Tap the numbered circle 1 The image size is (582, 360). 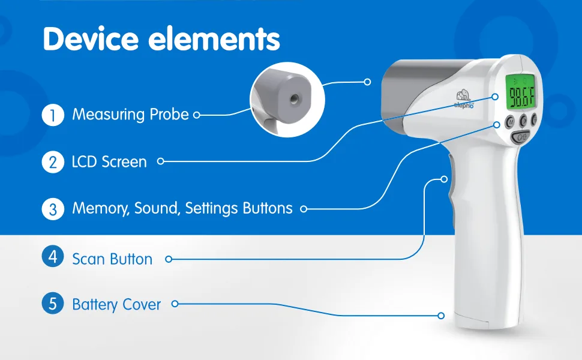(53, 115)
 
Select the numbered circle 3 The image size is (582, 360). (53, 209)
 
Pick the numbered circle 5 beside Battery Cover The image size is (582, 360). (53, 303)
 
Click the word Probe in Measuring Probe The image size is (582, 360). (169, 115)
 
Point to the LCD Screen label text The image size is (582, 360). (109, 162)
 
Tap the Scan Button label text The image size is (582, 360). (112, 259)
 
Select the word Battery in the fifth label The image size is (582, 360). (95, 305)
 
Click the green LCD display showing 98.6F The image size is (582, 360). (521, 92)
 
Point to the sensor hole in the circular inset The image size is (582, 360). (295, 99)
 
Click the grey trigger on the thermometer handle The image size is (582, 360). (451, 189)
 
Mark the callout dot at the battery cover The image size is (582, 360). (441, 316)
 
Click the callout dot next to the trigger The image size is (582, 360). (444, 179)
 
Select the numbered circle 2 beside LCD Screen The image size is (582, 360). (53, 162)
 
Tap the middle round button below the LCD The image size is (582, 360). (523, 120)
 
